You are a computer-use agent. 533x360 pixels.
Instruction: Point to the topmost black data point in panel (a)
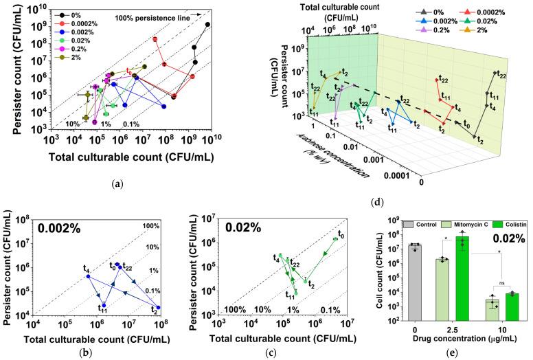pos(207,24)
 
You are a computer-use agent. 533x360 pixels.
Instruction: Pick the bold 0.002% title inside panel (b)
pos(61,229)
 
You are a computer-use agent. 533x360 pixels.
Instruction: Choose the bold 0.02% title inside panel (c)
pos(240,229)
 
